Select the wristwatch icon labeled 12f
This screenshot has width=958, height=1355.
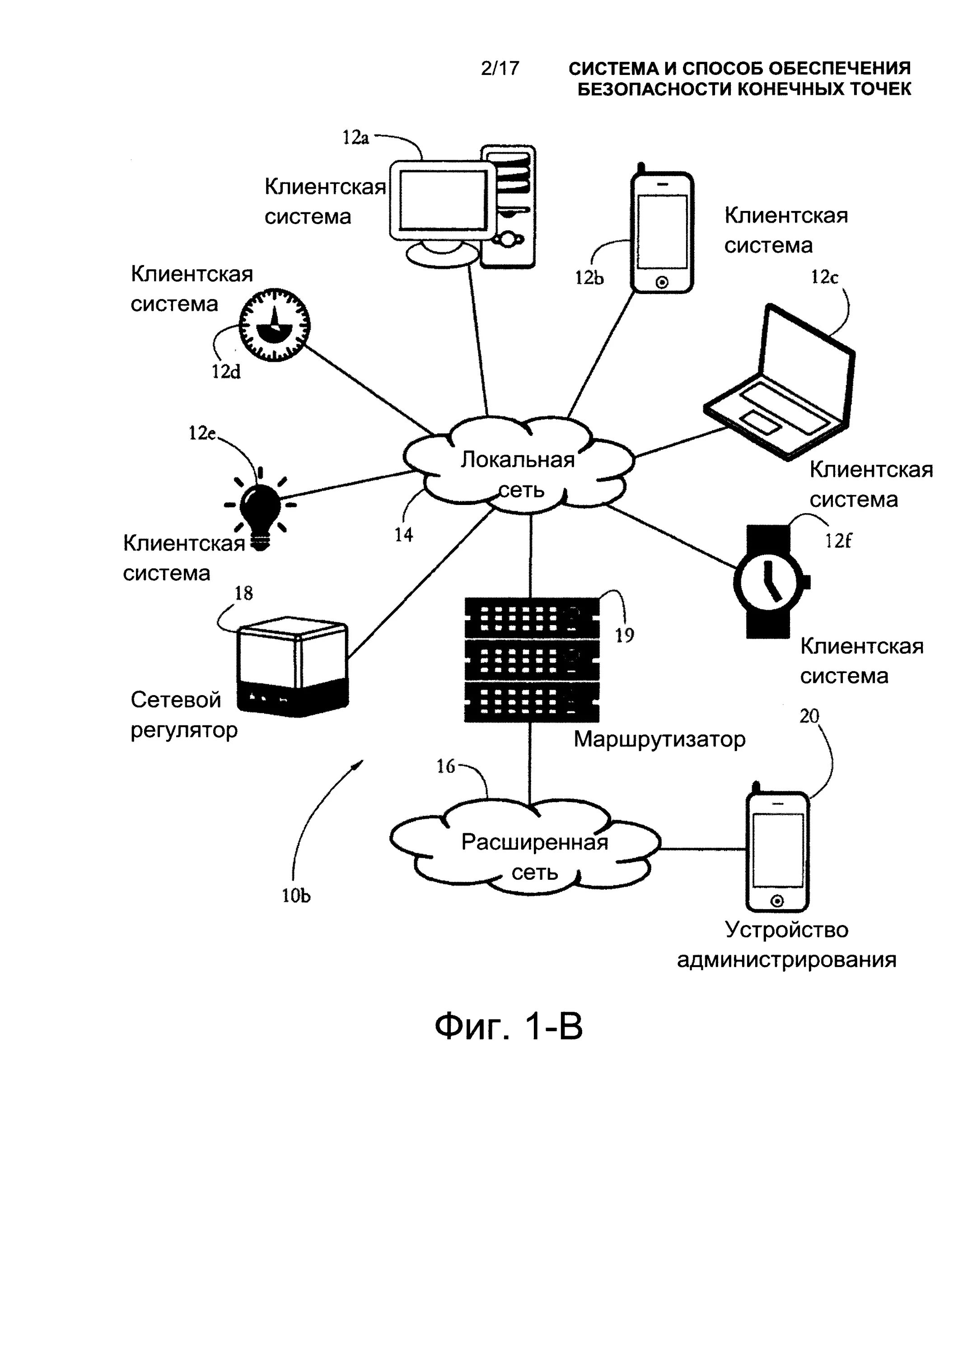771,581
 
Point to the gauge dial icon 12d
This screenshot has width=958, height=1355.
275,325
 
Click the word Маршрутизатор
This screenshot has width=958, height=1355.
659,739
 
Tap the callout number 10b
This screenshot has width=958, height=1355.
296,896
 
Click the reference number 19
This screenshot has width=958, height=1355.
625,635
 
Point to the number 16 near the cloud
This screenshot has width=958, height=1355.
446,766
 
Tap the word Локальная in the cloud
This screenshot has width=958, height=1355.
517,460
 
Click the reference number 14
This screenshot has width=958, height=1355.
404,535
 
